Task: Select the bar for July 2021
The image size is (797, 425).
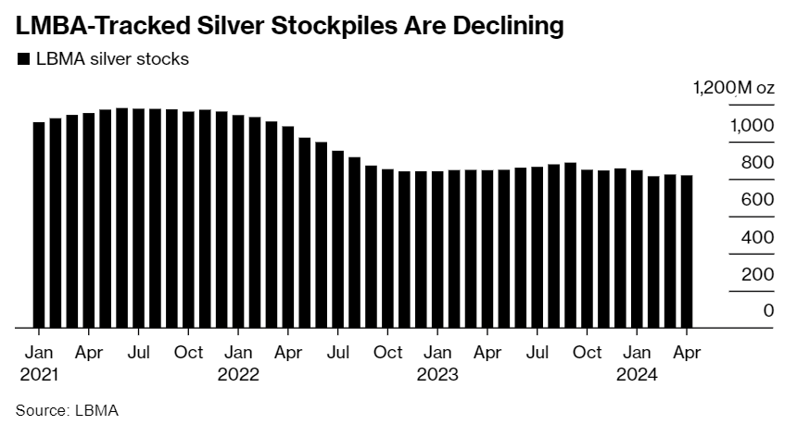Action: (x=139, y=219)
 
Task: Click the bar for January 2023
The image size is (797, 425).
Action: (x=437, y=250)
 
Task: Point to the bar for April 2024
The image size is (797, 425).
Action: (x=687, y=252)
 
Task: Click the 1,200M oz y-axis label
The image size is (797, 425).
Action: (x=733, y=88)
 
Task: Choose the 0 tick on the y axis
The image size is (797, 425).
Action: (x=768, y=311)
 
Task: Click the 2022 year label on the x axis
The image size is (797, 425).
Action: (x=238, y=375)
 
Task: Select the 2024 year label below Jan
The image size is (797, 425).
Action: (x=637, y=375)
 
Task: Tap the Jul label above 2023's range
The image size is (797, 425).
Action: (x=537, y=353)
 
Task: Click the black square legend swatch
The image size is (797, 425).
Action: (x=23, y=59)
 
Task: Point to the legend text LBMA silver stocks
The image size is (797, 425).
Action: (x=112, y=59)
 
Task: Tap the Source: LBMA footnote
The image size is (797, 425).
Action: (x=67, y=408)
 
